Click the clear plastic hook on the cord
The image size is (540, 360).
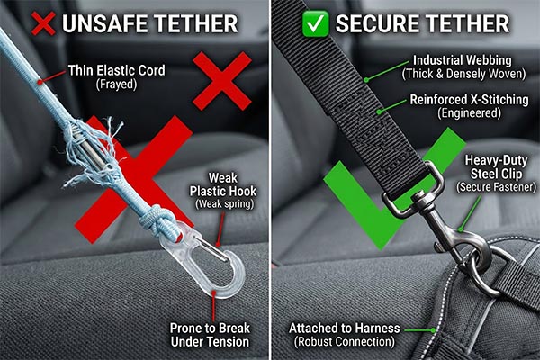(x=208, y=265)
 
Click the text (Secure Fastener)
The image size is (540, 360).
(x=496, y=187)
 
